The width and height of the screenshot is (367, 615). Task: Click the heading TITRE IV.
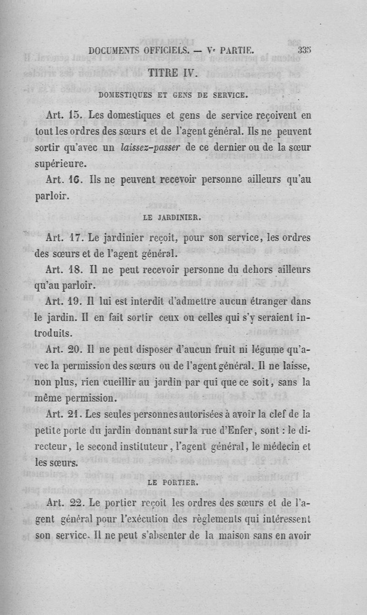(x=172, y=73)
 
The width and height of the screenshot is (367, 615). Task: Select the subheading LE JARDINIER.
(x=172, y=219)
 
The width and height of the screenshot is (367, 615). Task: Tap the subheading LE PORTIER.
(x=172, y=482)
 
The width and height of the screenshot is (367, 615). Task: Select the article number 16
(x=76, y=181)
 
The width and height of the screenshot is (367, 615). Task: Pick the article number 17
(x=76, y=238)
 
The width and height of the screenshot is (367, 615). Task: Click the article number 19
(x=76, y=301)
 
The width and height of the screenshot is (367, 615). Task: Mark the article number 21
(x=76, y=414)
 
